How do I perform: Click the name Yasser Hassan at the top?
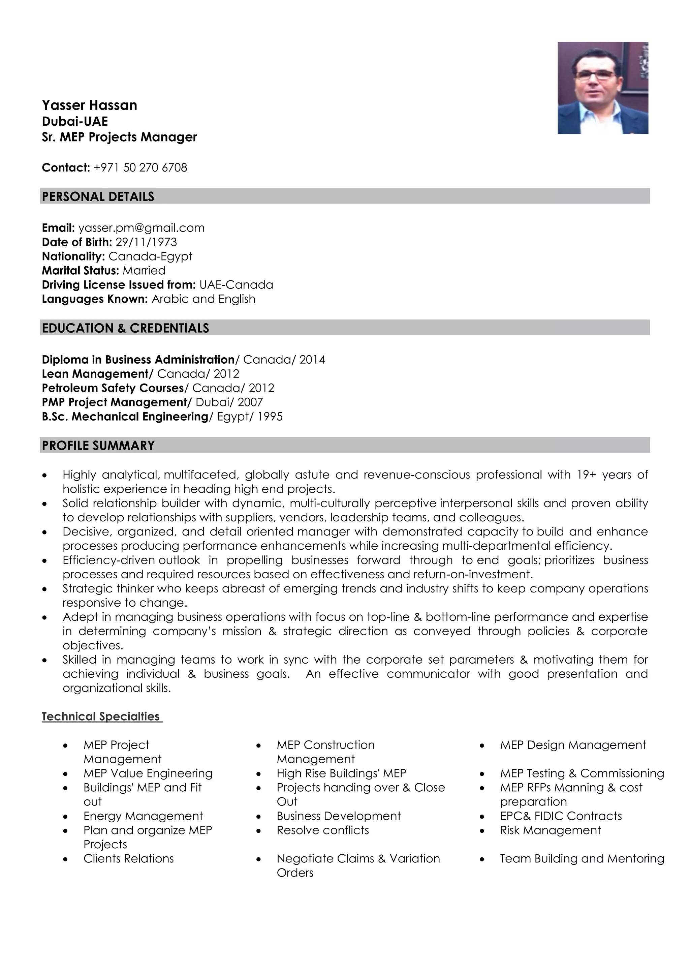[x=89, y=105]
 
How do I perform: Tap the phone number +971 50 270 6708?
[x=140, y=167]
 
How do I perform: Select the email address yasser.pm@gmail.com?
[x=141, y=228]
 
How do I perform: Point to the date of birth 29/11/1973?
[x=146, y=242]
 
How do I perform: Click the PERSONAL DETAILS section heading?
[x=98, y=196]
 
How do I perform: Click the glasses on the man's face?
[x=595, y=75]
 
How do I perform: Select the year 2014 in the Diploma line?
[x=312, y=360]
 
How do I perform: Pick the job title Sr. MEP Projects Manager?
[x=119, y=137]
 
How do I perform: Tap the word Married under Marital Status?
[x=144, y=270]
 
